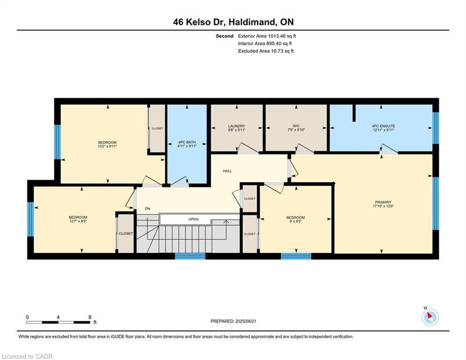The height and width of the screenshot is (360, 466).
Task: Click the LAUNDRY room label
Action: coord(237,126)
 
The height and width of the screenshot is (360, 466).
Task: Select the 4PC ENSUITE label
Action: coord(380,126)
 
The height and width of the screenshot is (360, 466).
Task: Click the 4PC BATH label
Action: coord(186,142)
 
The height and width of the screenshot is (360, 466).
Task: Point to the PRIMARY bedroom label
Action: coord(382,202)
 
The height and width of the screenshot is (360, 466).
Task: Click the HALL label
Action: coord(227,171)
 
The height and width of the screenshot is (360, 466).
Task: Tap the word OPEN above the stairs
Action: coord(193,219)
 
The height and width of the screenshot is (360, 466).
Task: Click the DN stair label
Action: coord(147,209)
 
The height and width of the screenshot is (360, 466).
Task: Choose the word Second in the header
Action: coord(224,36)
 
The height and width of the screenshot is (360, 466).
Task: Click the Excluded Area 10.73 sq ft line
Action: coord(266,51)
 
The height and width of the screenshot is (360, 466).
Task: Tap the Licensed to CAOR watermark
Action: coord(27,356)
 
